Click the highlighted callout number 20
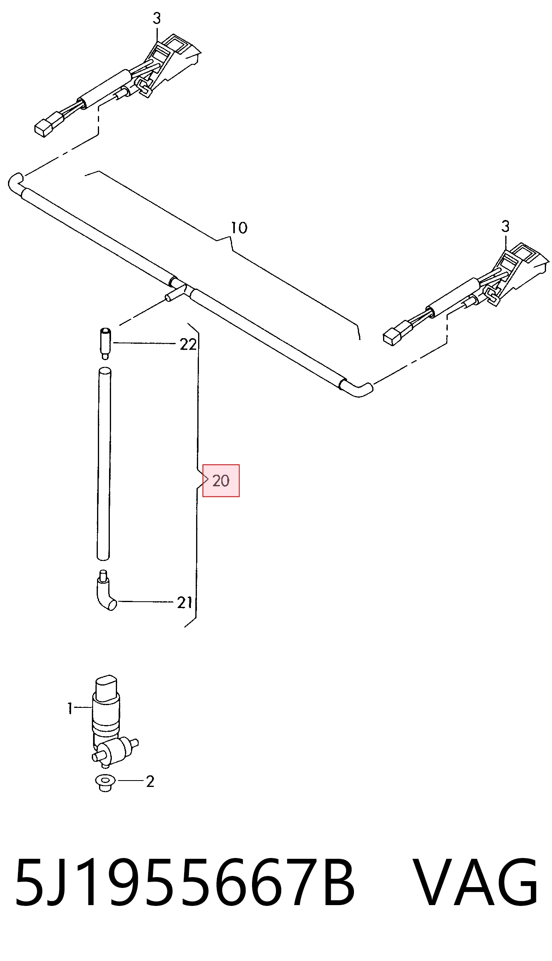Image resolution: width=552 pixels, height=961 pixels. (x=221, y=481)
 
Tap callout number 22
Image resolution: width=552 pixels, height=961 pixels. (x=188, y=344)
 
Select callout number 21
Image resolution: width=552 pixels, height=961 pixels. (x=185, y=602)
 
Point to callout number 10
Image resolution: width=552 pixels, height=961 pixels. (x=239, y=228)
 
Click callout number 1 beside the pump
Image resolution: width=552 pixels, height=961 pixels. (x=70, y=709)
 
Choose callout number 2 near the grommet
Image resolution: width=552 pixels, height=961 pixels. (x=150, y=781)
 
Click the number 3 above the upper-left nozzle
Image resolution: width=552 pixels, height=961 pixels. (x=157, y=18)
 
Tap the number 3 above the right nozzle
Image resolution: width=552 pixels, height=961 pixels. (x=505, y=226)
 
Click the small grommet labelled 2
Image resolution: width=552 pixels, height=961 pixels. (x=105, y=783)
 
